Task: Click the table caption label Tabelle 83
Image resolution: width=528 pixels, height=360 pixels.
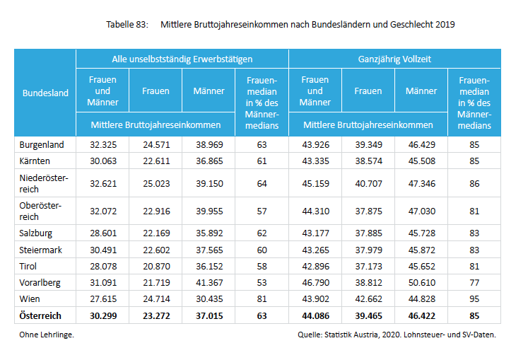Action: click(127, 24)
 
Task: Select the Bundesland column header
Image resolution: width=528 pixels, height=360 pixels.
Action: click(45, 92)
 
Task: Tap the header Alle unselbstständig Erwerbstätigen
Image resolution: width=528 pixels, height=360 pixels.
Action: click(182, 59)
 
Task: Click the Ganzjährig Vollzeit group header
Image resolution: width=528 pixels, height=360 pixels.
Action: click(394, 59)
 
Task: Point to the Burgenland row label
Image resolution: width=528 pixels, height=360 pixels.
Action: click(42, 144)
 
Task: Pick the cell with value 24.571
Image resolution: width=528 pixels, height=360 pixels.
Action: click(156, 144)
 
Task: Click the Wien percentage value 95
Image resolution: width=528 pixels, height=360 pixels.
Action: click(474, 298)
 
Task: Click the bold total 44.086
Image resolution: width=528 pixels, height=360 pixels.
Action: click(315, 315)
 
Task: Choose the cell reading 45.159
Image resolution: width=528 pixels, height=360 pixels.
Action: click(315, 184)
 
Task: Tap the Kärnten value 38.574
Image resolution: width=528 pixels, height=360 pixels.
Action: click(368, 161)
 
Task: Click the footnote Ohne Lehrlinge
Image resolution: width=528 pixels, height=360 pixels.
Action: click(46, 335)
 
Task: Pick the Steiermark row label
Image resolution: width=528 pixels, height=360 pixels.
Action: click(40, 249)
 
